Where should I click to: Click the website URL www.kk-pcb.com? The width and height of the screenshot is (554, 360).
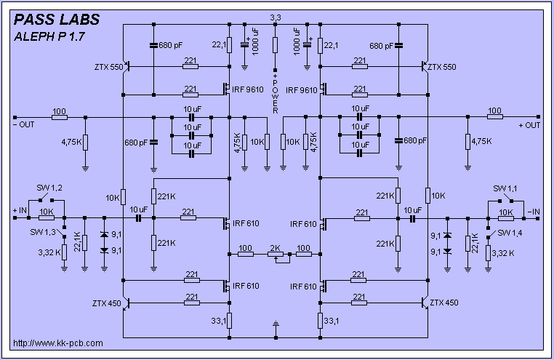pyautogui.click(x=58, y=343)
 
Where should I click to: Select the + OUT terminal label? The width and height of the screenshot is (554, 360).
pyautogui.click(x=529, y=125)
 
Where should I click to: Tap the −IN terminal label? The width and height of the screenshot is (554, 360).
pyautogui.click(x=534, y=210)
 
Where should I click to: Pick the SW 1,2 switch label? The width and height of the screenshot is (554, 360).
pyautogui.click(x=48, y=188)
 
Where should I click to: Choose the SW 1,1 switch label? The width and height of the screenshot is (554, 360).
pyautogui.click(x=505, y=188)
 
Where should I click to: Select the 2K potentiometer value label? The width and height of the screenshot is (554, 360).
pyautogui.click(x=275, y=247)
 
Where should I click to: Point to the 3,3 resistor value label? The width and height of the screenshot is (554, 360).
pyautogui.click(x=276, y=17)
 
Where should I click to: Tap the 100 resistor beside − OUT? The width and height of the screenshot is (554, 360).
pyautogui.click(x=59, y=116)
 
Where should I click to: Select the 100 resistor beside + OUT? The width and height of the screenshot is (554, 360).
pyautogui.click(x=494, y=116)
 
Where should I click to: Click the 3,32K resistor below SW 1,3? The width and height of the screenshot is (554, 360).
pyautogui.click(x=65, y=252)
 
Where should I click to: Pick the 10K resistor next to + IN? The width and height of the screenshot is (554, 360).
pyautogui.click(x=47, y=217)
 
